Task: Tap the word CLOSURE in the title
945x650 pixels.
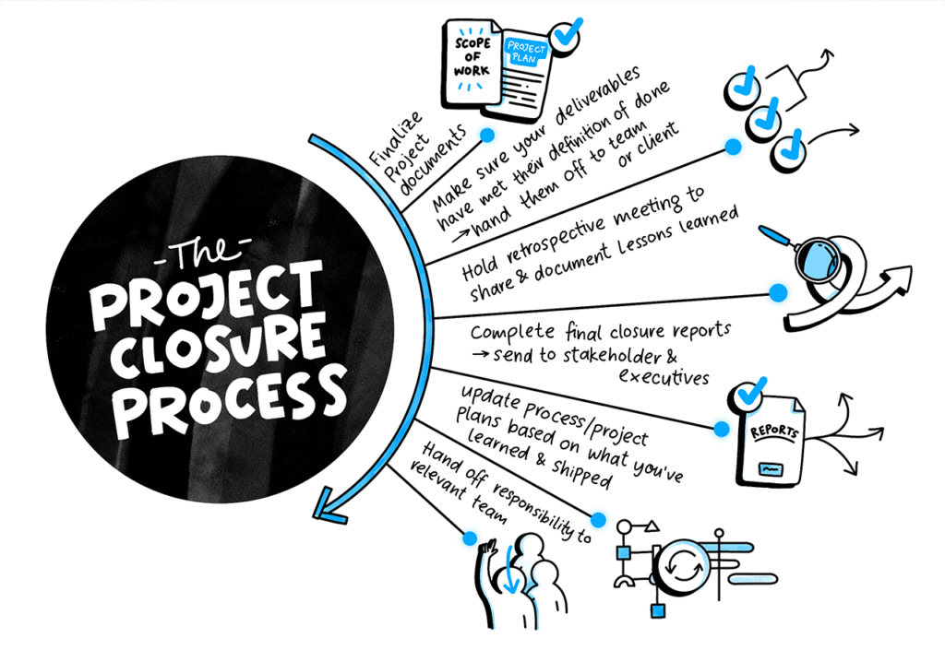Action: [x=218, y=348]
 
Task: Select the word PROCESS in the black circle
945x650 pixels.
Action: [x=230, y=400]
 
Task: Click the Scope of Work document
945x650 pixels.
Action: [x=472, y=63]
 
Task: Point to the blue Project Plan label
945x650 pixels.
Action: [x=526, y=52]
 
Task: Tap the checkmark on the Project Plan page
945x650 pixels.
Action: [x=567, y=35]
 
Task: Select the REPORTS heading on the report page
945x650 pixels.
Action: [x=774, y=431]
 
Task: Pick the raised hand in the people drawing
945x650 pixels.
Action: [x=487, y=549]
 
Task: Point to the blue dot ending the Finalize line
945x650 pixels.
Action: [x=487, y=135]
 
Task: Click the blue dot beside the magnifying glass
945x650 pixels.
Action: [x=778, y=292]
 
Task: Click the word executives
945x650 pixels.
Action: [x=664, y=377]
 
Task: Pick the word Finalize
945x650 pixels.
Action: [x=395, y=139]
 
